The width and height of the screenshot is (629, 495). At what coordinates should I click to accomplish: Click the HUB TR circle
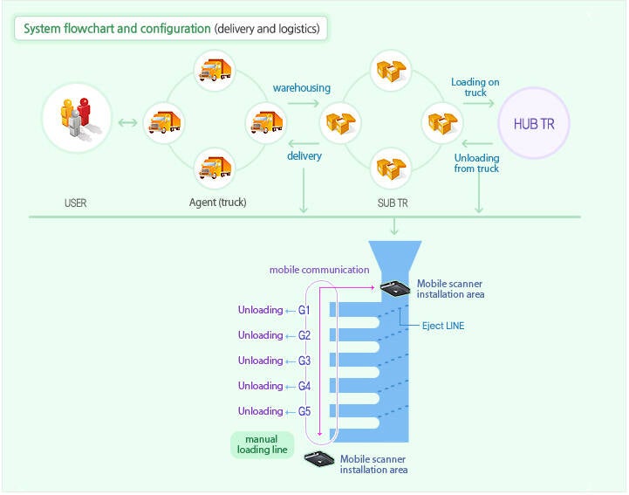[534, 124]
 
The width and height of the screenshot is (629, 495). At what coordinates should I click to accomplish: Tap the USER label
[76, 203]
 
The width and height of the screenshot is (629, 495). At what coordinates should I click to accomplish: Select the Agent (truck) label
[217, 203]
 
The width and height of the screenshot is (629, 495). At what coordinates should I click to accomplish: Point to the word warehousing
[301, 88]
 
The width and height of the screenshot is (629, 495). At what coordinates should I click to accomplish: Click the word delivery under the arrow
[304, 156]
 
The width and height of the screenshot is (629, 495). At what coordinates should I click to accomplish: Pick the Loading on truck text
[475, 87]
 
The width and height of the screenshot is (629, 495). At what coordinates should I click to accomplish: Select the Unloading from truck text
[476, 163]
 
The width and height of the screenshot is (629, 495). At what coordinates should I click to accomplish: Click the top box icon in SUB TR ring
[390, 70]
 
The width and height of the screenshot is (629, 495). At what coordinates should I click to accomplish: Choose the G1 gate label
[304, 310]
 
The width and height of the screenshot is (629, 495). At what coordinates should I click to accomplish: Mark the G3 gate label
[304, 361]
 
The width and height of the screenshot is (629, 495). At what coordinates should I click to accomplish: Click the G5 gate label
[304, 411]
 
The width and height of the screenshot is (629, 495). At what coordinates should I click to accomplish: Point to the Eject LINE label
[443, 326]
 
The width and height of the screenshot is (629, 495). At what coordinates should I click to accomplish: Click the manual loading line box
[262, 445]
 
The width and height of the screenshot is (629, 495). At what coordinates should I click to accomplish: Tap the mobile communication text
[319, 270]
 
